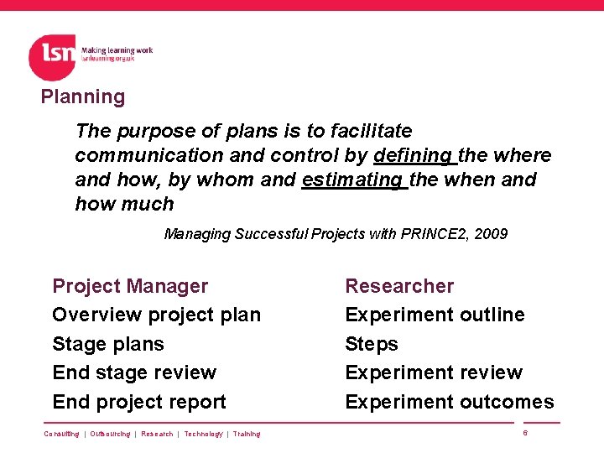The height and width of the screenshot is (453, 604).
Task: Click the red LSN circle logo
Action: click(52, 57)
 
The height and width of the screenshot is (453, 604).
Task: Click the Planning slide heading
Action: click(83, 96)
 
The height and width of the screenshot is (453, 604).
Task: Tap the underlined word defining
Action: click(413, 155)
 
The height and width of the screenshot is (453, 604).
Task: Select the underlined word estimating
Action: click(352, 180)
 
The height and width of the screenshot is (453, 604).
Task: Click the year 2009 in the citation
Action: click(491, 234)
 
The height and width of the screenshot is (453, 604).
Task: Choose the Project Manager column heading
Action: click(130, 286)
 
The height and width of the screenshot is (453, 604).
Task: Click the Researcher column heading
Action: click(399, 286)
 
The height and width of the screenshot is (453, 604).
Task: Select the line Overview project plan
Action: click(156, 315)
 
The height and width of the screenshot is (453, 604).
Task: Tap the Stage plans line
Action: click(108, 344)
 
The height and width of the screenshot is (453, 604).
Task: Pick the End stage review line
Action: click(134, 372)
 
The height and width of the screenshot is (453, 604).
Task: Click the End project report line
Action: click(139, 402)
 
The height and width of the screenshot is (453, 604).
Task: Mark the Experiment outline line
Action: click(435, 315)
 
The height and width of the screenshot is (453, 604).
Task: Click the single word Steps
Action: click(372, 344)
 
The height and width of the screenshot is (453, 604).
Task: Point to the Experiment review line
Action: click(434, 372)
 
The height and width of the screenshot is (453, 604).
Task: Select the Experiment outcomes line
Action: click(450, 402)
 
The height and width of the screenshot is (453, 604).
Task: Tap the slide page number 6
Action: click(525, 433)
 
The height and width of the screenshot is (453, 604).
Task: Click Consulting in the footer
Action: click(61, 434)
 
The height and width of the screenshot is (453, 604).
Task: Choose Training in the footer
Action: click(247, 434)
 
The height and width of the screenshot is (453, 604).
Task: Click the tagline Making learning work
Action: click(117, 50)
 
